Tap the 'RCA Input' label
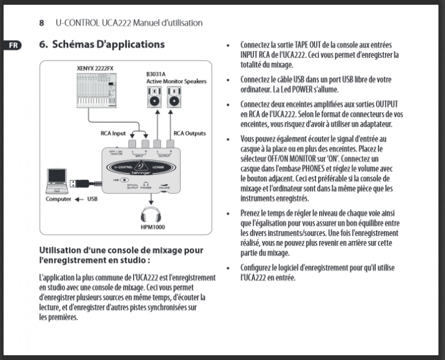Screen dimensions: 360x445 (x=113, y=133)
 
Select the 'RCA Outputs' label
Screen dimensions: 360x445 (x=190, y=133)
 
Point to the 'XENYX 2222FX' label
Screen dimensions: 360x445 (x=95, y=68)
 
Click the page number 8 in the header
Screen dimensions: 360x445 (x=42, y=23)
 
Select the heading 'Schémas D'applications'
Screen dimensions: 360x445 (x=108, y=44)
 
